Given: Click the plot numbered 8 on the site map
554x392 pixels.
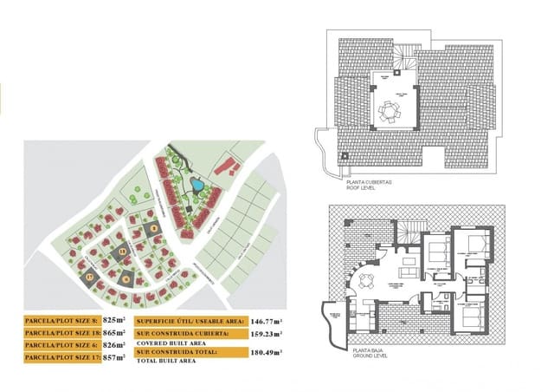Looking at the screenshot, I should pos(154,229).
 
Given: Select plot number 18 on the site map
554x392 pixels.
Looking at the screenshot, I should pos(123,252).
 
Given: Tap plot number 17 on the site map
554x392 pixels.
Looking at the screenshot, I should pos(89,277).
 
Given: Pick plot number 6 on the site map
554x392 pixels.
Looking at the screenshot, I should pos(126,278).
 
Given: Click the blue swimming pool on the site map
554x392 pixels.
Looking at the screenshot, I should pos(197,185).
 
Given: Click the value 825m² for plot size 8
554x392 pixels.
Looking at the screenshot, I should pos(114,320).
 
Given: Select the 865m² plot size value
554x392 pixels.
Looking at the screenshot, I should pos(114,332).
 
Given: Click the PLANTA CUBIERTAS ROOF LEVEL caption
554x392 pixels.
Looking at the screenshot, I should pos(370,184).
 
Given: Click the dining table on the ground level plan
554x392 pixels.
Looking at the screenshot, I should pos(367,279).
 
